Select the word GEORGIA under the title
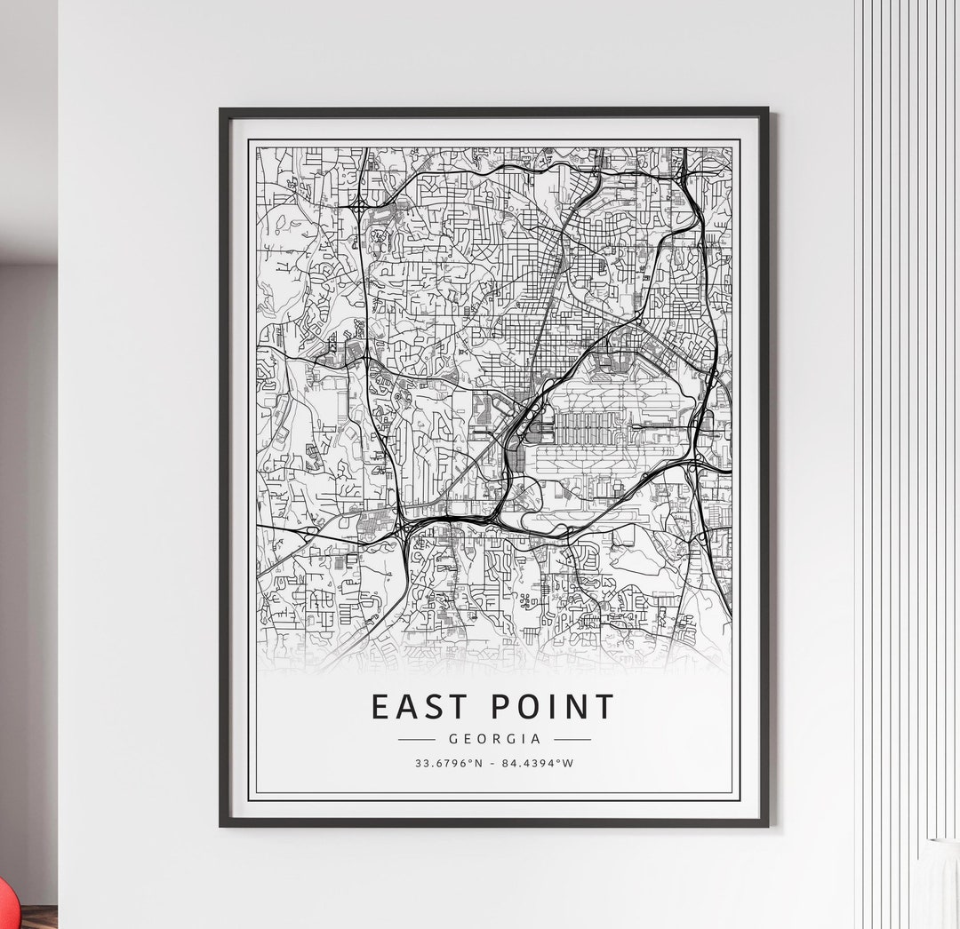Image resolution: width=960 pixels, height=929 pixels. pos(494,739)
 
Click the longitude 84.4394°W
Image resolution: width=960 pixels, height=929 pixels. pos(538,762)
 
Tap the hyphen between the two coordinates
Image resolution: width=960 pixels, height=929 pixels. pos(494,762)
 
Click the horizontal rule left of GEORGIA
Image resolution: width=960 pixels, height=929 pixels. pos(416,739)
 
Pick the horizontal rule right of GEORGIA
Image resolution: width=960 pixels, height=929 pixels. pos(572,739)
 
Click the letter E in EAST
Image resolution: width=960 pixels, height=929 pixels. pos(380,707)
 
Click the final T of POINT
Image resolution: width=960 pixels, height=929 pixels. pos(604,707)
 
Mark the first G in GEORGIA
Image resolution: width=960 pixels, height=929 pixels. pos(453,739)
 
